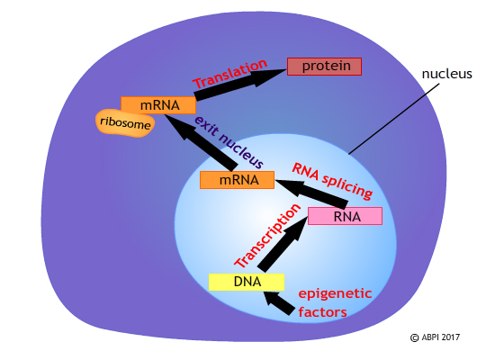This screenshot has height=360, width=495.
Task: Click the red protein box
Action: point(324,67)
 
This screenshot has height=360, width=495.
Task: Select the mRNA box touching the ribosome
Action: point(157,105)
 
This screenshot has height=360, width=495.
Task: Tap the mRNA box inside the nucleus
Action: point(236,180)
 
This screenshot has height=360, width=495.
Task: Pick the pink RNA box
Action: point(345,216)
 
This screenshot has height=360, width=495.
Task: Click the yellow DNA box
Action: point(247,282)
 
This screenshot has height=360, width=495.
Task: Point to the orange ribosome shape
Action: point(124,125)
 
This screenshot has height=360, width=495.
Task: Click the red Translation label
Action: point(230,74)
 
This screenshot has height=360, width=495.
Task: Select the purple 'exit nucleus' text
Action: point(229,141)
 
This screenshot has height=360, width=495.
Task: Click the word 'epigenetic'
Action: point(336,293)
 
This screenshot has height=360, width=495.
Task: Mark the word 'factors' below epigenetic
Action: point(322,311)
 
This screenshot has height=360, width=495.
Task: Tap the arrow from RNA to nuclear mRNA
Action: point(306,193)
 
